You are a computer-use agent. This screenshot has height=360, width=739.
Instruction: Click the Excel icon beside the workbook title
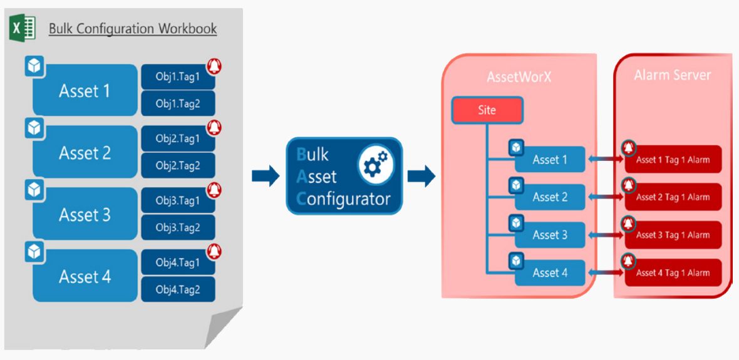tap(22, 29)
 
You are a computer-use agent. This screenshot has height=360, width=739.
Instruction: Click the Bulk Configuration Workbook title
tap(133, 29)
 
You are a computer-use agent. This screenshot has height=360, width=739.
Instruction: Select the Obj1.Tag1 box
tap(178, 77)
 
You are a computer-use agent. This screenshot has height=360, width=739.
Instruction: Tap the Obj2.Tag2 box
tap(178, 165)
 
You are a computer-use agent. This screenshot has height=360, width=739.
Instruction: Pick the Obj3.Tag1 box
tap(178, 200)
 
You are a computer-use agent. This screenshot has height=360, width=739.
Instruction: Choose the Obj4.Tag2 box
tap(178, 289)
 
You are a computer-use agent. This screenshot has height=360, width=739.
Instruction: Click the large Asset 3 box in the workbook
tap(85, 215)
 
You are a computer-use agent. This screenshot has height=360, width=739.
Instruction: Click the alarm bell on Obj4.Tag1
tap(214, 251)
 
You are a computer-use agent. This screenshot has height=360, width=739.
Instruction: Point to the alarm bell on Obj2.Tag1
tap(214, 127)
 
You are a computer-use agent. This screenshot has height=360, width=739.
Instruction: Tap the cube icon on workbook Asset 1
tap(34, 66)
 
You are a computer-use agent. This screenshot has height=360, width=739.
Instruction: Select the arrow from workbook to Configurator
tap(265, 176)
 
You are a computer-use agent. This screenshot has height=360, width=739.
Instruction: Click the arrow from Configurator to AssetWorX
tap(421, 176)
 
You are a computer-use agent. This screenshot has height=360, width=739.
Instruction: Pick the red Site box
tap(487, 111)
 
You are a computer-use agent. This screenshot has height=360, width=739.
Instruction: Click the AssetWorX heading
tap(519, 76)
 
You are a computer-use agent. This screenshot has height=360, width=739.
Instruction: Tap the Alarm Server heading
tap(672, 75)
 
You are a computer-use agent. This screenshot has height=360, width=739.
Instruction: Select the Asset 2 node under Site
tap(550, 197)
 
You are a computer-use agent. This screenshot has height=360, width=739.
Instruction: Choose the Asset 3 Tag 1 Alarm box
tap(673, 235)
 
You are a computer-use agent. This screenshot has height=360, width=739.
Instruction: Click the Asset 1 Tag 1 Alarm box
tap(673, 160)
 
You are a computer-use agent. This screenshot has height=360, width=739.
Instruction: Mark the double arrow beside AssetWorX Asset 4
tap(604, 272)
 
